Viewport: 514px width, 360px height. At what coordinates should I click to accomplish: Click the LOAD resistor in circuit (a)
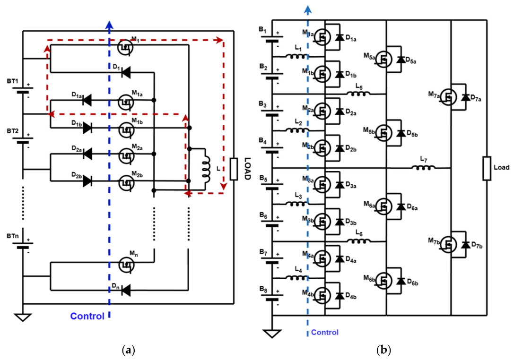tap(234, 169)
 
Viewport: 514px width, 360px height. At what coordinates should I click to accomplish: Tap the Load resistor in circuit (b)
tap(487, 168)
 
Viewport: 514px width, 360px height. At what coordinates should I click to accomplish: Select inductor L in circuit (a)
tap(206, 169)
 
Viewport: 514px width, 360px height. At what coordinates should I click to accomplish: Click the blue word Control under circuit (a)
tap(87, 316)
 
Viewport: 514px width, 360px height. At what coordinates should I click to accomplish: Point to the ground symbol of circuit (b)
tap(272, 334)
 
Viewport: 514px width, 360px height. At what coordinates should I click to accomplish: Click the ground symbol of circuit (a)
tap(23, 317)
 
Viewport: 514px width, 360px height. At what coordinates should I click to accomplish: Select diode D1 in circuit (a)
tap(126, 72)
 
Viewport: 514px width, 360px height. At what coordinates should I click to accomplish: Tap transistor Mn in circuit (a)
tap(126, 264)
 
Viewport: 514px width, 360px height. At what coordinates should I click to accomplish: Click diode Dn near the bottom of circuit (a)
tap(126, 290)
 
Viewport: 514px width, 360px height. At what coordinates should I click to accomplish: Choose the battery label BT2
tap(13, 131)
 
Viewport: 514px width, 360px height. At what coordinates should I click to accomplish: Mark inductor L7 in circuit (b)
tap(423, 168)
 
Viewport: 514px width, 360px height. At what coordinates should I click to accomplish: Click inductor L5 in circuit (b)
tap(358, 94)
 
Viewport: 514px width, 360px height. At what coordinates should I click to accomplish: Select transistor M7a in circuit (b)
tap(448, 97)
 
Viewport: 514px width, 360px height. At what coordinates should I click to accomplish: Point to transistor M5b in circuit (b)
tap(383, 133)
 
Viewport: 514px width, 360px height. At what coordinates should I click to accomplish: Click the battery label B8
tap(263, 289)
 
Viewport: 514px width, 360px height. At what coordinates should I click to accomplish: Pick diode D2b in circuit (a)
tap(87, 181)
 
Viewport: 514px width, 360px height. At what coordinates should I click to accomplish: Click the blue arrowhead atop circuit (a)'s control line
tap(109, 25)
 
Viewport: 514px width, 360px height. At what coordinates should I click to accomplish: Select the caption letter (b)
tap(384, 350)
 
